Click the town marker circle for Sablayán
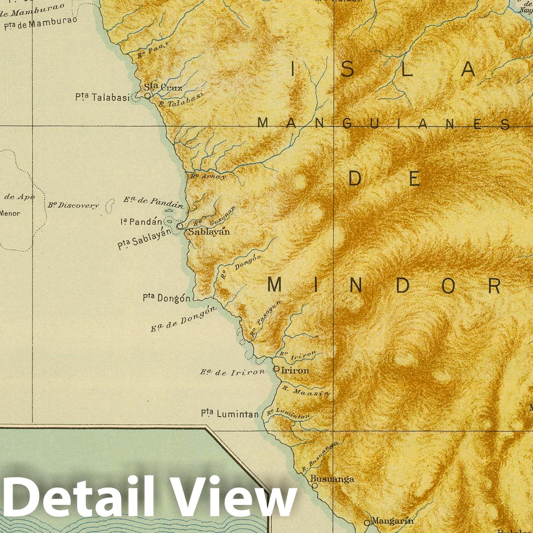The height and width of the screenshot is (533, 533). coord(180,226)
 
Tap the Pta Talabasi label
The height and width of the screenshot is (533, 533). coord(102,97)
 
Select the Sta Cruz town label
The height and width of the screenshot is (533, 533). coord(163,87)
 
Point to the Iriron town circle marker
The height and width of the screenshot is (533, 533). coord(276,369)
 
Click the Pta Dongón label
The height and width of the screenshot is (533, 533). coord(167,297)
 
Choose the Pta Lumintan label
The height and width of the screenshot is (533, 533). coord(230,414)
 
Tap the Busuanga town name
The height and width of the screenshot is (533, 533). coord(332,479)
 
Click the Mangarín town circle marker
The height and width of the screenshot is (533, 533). coord(367,522)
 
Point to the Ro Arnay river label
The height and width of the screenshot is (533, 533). coord(208,177)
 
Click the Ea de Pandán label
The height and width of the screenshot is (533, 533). coord(154,202)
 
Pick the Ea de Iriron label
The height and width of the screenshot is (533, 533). coord(233,372)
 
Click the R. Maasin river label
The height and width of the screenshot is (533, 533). coord(305,390)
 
